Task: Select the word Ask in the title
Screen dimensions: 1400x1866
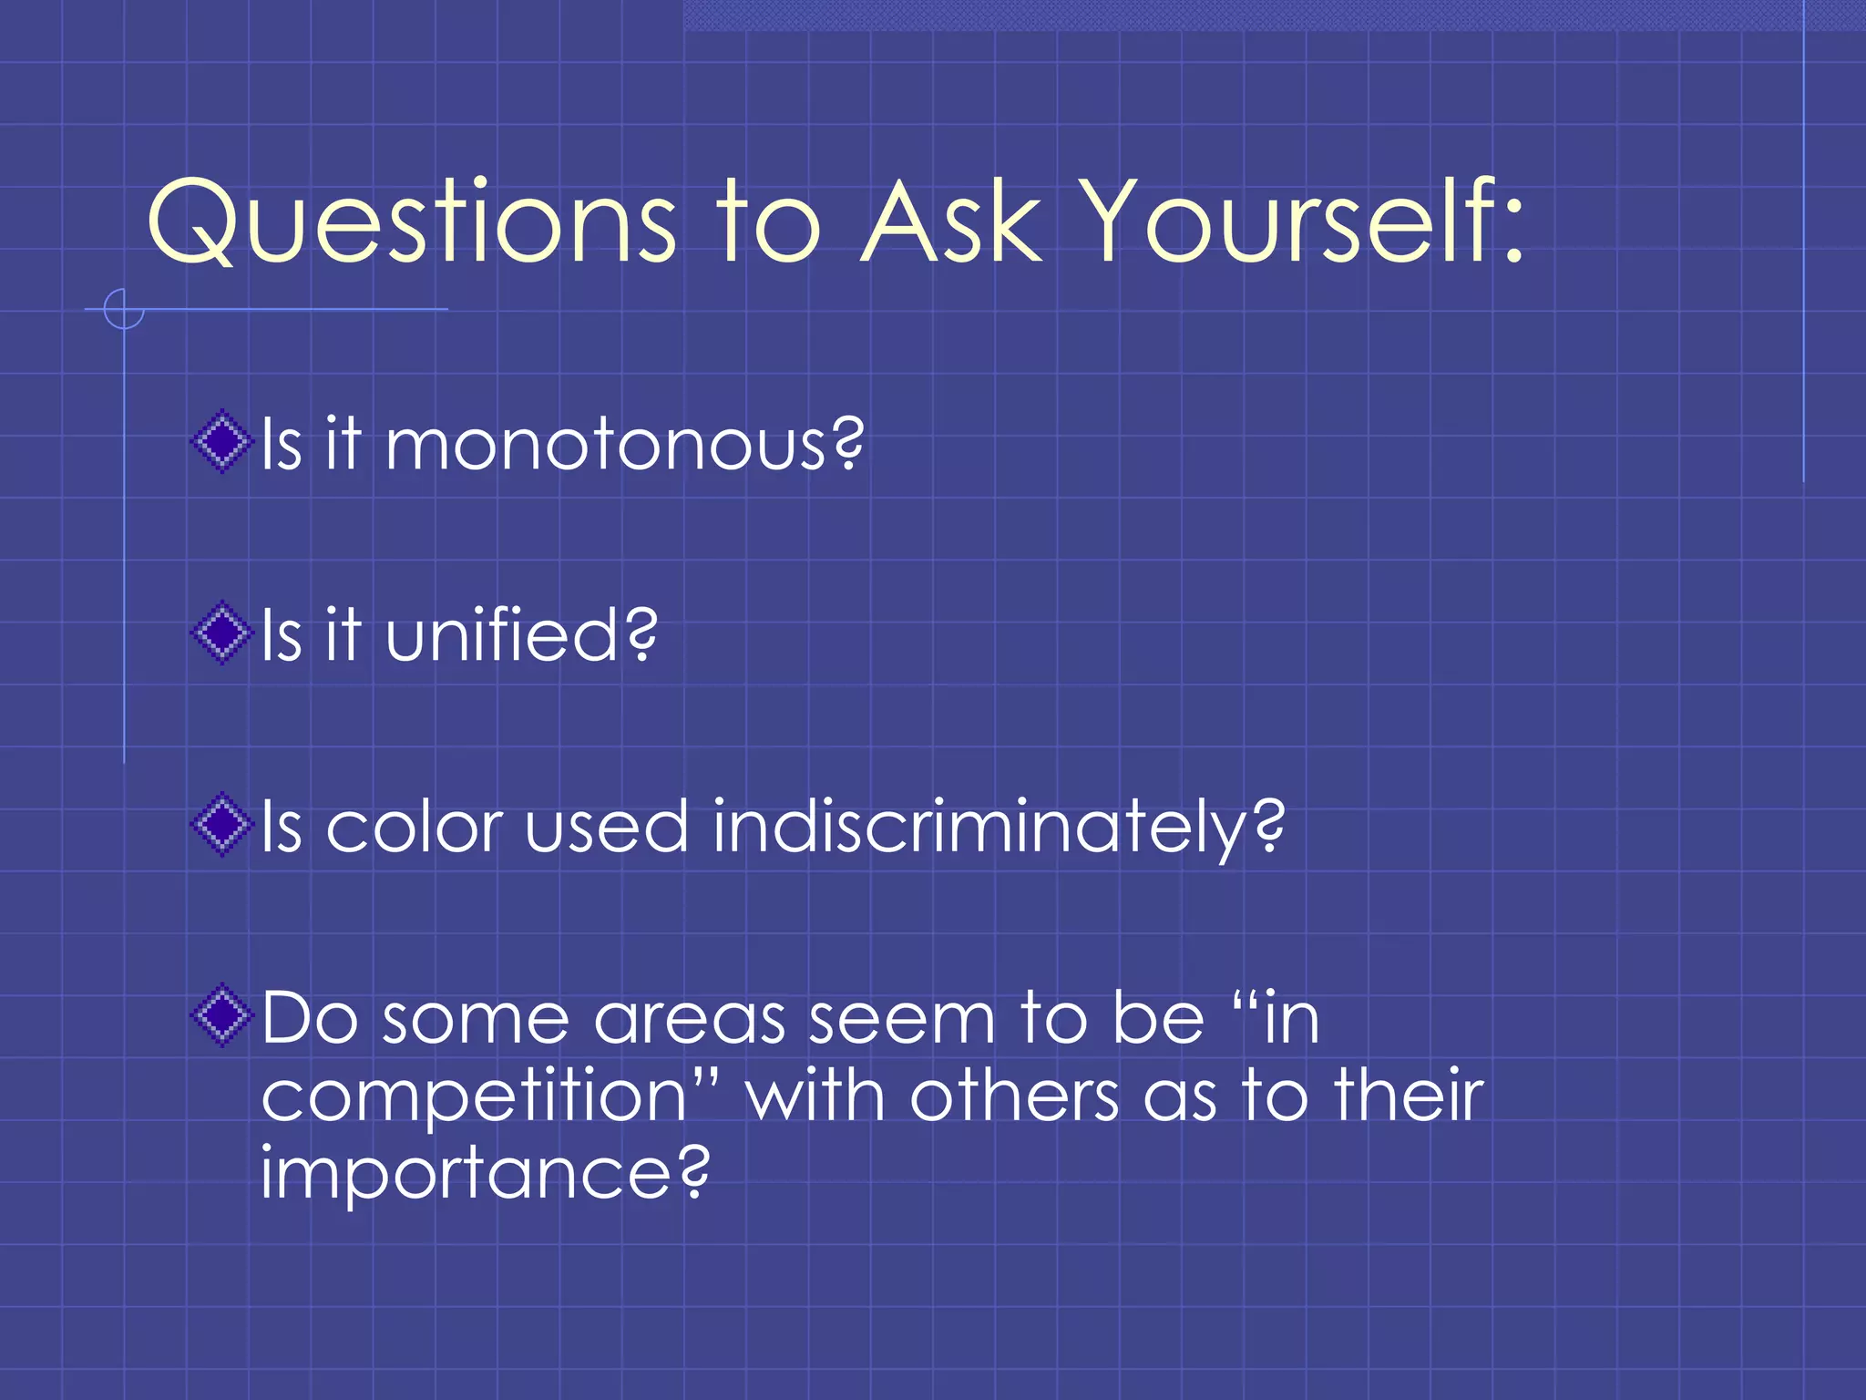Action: (x=951, y=223)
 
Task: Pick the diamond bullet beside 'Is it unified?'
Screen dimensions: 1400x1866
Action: (x=221, y=633)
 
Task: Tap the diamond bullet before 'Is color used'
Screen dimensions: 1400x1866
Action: (x=221, y=825)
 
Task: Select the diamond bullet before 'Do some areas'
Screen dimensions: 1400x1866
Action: (x=221, y=1016)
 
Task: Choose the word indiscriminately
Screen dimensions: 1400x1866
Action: (x=998, y=828)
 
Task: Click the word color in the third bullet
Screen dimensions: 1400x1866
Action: (x=414, y=828)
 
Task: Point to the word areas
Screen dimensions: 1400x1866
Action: (x=689, y=1020)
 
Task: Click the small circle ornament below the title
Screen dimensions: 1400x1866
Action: (x=124, y=309)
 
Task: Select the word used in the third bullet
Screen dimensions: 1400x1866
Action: (x=606, y=828)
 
